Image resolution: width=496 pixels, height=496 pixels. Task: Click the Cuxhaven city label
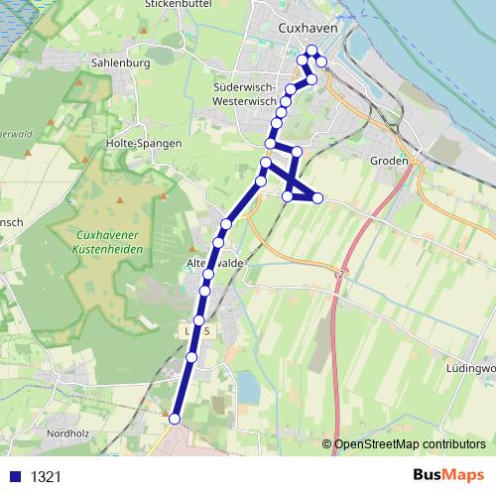309,29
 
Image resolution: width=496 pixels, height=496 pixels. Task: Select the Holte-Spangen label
144,143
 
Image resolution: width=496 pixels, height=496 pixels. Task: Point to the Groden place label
389,161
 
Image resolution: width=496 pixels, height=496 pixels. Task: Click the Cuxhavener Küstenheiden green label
110,242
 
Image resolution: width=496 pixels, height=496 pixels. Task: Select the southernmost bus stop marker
176,420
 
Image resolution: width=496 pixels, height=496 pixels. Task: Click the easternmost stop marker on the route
317,198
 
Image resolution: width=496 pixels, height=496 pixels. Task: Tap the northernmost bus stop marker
312,51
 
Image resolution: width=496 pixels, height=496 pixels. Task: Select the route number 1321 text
46,477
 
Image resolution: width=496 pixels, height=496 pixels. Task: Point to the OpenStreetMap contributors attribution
409,445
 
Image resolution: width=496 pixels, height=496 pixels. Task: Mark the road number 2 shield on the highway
340,272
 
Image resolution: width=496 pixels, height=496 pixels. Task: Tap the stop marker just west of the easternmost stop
289,196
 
